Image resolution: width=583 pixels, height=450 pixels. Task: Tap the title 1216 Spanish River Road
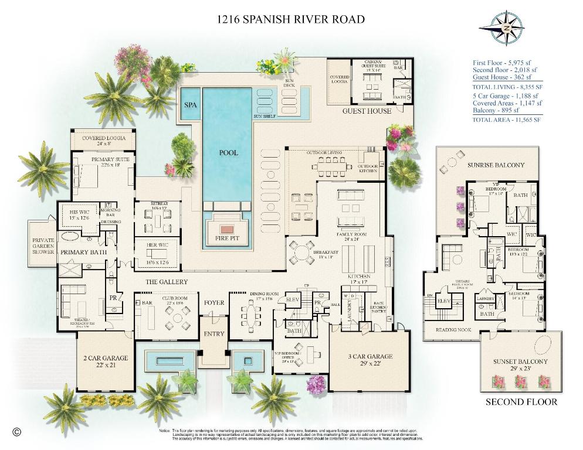(x=291, y=19)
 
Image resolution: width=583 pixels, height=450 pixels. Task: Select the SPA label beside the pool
(x=191, y=105)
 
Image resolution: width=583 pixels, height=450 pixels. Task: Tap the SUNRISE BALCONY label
(x=496, y=165)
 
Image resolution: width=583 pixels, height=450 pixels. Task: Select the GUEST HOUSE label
(x=367, y=111)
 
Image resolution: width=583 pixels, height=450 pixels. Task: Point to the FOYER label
(x=214, y=303)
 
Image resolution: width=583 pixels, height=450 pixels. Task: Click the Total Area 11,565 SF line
(x=506, y=120)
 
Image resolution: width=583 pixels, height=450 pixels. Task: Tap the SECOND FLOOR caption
(x=521, y=402)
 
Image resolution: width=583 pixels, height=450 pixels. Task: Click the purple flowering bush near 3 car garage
(x=316, y=384)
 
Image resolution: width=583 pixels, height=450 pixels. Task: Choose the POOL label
(x=229, y=152)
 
